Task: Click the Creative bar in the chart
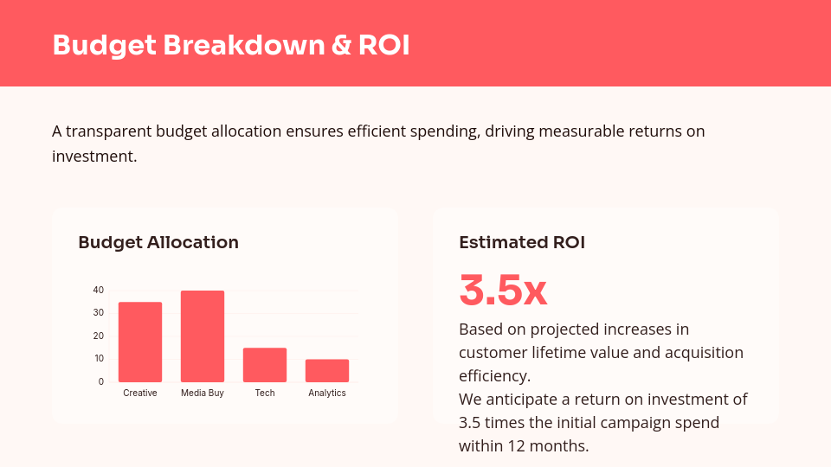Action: click(x=140, y=342)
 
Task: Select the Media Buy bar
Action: click(x=203, y=336)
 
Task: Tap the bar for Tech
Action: click(x=265, y=365)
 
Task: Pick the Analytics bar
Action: click(x=327, y=370)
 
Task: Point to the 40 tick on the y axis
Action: click(x=99, y=290)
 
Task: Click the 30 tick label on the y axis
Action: click(x=99, y=312)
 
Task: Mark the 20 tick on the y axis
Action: click(x=99, y=336)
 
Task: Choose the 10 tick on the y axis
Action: click(x=99, y=358)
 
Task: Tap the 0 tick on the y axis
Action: click(x=101, y=381)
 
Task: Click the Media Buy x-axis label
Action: click(x=203, y=393)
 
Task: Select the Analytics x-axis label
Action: click(x=327, y=393)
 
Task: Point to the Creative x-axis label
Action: click(x=140, y=393)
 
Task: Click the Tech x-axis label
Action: click(x=265, y=393)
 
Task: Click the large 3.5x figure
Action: click(x=503, y=291)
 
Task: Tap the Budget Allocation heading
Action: click(x=158, y=243)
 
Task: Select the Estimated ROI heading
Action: click(x=522, y=243)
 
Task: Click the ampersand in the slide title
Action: click(x=341, y=45)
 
